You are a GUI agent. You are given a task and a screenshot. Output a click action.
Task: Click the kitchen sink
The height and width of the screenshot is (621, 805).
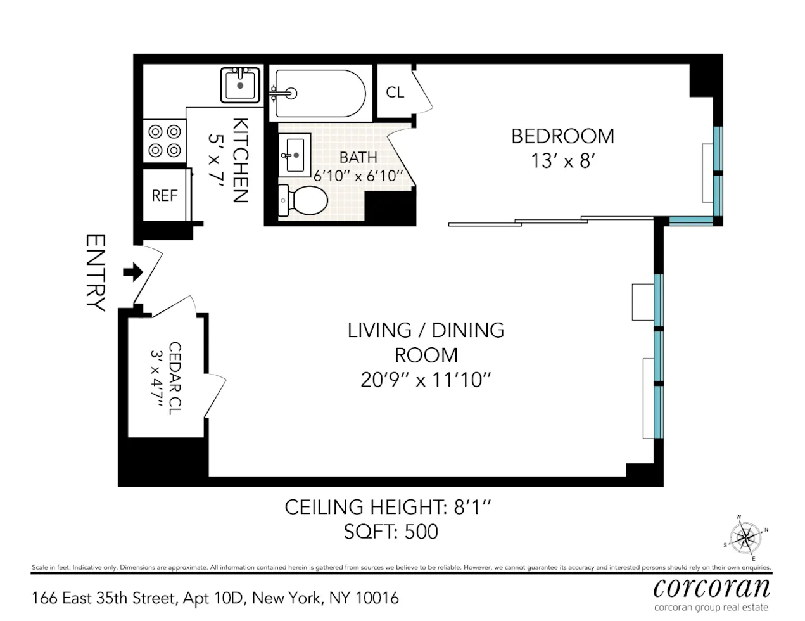pos(240,85)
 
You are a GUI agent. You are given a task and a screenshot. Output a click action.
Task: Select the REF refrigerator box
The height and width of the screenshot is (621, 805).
pos(165,196)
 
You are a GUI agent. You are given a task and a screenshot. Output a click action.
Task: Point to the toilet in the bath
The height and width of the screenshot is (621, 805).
pos(303,200)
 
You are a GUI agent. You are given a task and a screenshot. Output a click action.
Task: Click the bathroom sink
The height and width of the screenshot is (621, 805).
pos(295,153)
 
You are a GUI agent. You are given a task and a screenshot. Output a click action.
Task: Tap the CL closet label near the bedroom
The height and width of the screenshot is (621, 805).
pos(395,93)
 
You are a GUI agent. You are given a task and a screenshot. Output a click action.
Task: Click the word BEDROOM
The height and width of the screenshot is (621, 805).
pos(562,136)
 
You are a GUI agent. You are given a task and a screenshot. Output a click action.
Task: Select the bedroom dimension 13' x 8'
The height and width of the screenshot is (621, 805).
pos(562,161)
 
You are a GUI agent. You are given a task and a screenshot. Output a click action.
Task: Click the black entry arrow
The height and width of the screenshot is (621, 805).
pos(132,272)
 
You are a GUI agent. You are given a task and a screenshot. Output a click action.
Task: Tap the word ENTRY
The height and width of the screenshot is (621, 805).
pos(95,273)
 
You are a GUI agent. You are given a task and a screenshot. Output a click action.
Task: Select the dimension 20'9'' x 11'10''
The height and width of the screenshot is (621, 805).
pos(426,380)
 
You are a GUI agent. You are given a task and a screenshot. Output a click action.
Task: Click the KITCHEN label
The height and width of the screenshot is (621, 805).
pos(240,160)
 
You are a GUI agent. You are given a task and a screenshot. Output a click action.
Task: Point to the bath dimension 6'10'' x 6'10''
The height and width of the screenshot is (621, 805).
pos(358,176)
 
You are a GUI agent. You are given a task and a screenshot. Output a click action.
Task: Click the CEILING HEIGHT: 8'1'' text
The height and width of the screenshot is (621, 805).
pos(388,507)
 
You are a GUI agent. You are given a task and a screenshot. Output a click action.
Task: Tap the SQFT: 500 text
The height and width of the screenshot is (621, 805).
pos(391,532)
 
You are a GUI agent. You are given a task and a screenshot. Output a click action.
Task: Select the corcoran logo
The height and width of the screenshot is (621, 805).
pos(712,588)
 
